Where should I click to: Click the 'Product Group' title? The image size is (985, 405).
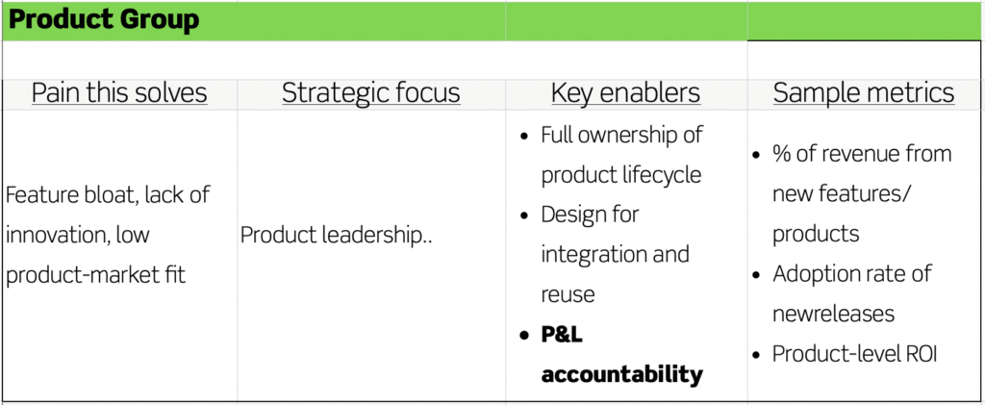tap(104, 20)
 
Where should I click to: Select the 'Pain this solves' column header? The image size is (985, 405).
tap(119, 93)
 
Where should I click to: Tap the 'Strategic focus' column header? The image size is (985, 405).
tap(370, 93)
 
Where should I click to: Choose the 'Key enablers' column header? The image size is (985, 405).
tap(625, 93)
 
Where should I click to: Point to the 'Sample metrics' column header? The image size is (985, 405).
tap(863, 93)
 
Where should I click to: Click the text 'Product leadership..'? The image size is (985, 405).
tap(337, 236)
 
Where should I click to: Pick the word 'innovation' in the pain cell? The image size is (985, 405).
tap(56, 236)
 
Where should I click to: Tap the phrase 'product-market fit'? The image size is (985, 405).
tap(96, 276)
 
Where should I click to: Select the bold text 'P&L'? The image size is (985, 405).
tap(562, 335)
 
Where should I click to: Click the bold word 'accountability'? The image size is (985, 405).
tap(622, 375)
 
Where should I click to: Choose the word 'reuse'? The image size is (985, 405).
tap(568, 294)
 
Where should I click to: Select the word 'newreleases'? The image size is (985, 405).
tap(833, 314)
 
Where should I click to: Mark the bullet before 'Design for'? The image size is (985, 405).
tap(524, 215)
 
